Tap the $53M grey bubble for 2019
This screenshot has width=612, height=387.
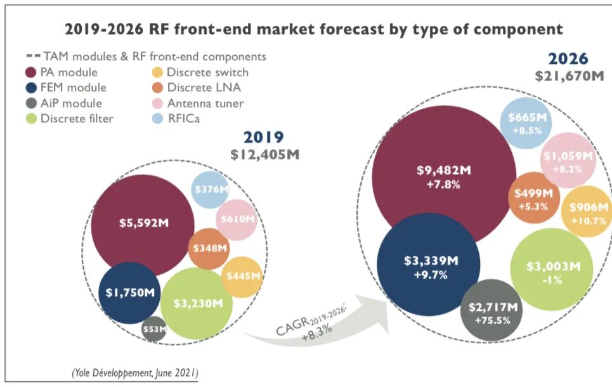[x=154, y=329]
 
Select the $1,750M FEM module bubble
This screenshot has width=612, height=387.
[x=129, y=293]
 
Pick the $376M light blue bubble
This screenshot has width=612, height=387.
[x=211, y=190]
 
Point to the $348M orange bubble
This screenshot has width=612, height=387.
[x=209, y=248]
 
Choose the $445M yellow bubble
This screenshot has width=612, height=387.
[x=242, y=277]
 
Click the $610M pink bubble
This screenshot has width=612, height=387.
[x=237, y=220]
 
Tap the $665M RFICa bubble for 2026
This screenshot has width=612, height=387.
[x=526, y=123]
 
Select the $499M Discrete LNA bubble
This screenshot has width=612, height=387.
[x=533, y=197]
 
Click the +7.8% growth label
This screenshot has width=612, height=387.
[x=443, y=185]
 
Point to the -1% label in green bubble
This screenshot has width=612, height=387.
[x=552, y=280]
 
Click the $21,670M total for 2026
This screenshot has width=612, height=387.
[x=570, y=75]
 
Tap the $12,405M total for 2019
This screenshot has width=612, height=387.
[x=264, y=155]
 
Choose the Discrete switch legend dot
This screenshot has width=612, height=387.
[x=157, y=72]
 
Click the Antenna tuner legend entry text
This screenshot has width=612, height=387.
[x=205, y=103]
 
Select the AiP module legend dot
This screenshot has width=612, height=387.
[x=31, y=103]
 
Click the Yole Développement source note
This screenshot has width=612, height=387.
[x=134, y=372]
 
